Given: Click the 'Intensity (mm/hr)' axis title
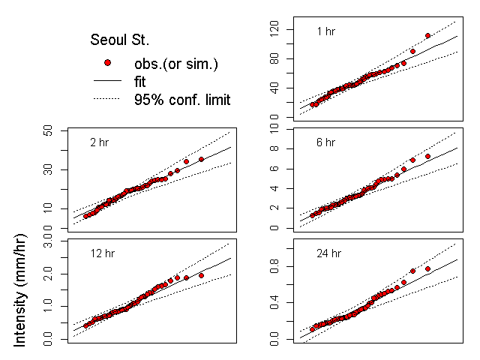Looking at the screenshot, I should point(21,298).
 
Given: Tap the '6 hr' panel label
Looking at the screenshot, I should point(326,142).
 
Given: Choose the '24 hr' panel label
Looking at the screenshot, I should point(328,253).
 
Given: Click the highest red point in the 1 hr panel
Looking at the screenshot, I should point(427,35).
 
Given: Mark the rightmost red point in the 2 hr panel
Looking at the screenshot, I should point(201,159).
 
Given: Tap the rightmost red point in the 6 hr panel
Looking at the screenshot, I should point(427,156).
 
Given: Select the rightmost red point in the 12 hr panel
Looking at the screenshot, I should point(201,275).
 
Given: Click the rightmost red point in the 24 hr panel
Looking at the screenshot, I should point(427,268).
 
